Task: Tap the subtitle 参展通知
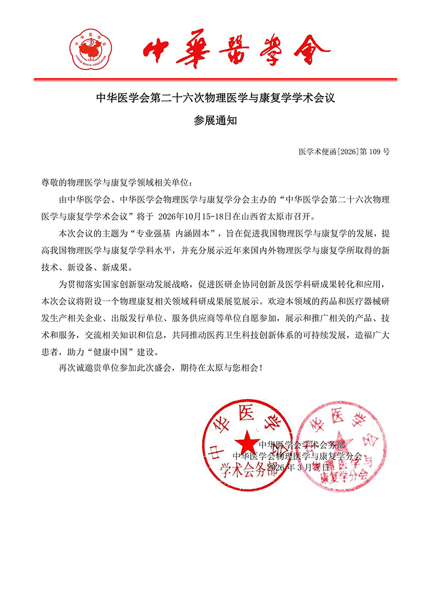[x=215, y=121]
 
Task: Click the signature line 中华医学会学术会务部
[x=301, y=445]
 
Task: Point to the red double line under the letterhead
[x=215, y=80]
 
